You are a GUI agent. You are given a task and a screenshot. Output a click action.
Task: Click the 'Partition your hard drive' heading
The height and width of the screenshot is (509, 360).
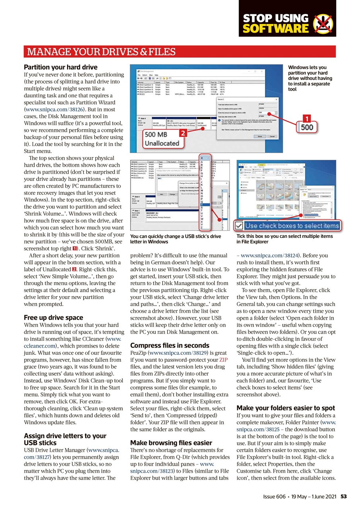pyautogui.click(x=60, y=67)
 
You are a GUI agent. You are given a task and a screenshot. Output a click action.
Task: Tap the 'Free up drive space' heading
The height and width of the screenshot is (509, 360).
pyautogui.click(x=53, y=317)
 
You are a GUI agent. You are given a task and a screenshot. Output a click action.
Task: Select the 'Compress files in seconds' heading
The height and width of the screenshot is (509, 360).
pyautogui.click(x=169, y=345)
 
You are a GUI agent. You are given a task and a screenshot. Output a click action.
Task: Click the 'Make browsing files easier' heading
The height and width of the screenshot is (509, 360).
pyautogui.click(x=171, y=443)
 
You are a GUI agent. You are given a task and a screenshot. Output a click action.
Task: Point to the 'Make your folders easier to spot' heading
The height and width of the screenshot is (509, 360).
pyautogui.click(x=286, y=408)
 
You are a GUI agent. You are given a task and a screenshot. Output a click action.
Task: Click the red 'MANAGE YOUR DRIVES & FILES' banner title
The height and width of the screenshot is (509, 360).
pyautogui.click(x=101, y=52)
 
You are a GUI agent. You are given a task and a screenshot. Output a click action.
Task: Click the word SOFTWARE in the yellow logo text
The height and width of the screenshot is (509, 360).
pyautogui.click(x=275, y=29)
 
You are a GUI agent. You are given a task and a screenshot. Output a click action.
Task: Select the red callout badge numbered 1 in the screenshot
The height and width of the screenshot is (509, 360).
pyautogui.click(x=306, y=119)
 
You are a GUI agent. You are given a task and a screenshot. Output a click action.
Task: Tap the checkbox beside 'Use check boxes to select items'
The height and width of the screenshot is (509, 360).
pyautogui.click(x=239, y=226)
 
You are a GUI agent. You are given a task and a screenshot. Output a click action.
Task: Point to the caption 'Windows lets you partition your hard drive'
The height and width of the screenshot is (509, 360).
pyautogui.click(x=307, y=78)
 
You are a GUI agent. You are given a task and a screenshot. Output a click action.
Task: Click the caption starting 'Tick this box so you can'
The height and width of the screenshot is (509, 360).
pyautogui.click(x=284, y=239)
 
